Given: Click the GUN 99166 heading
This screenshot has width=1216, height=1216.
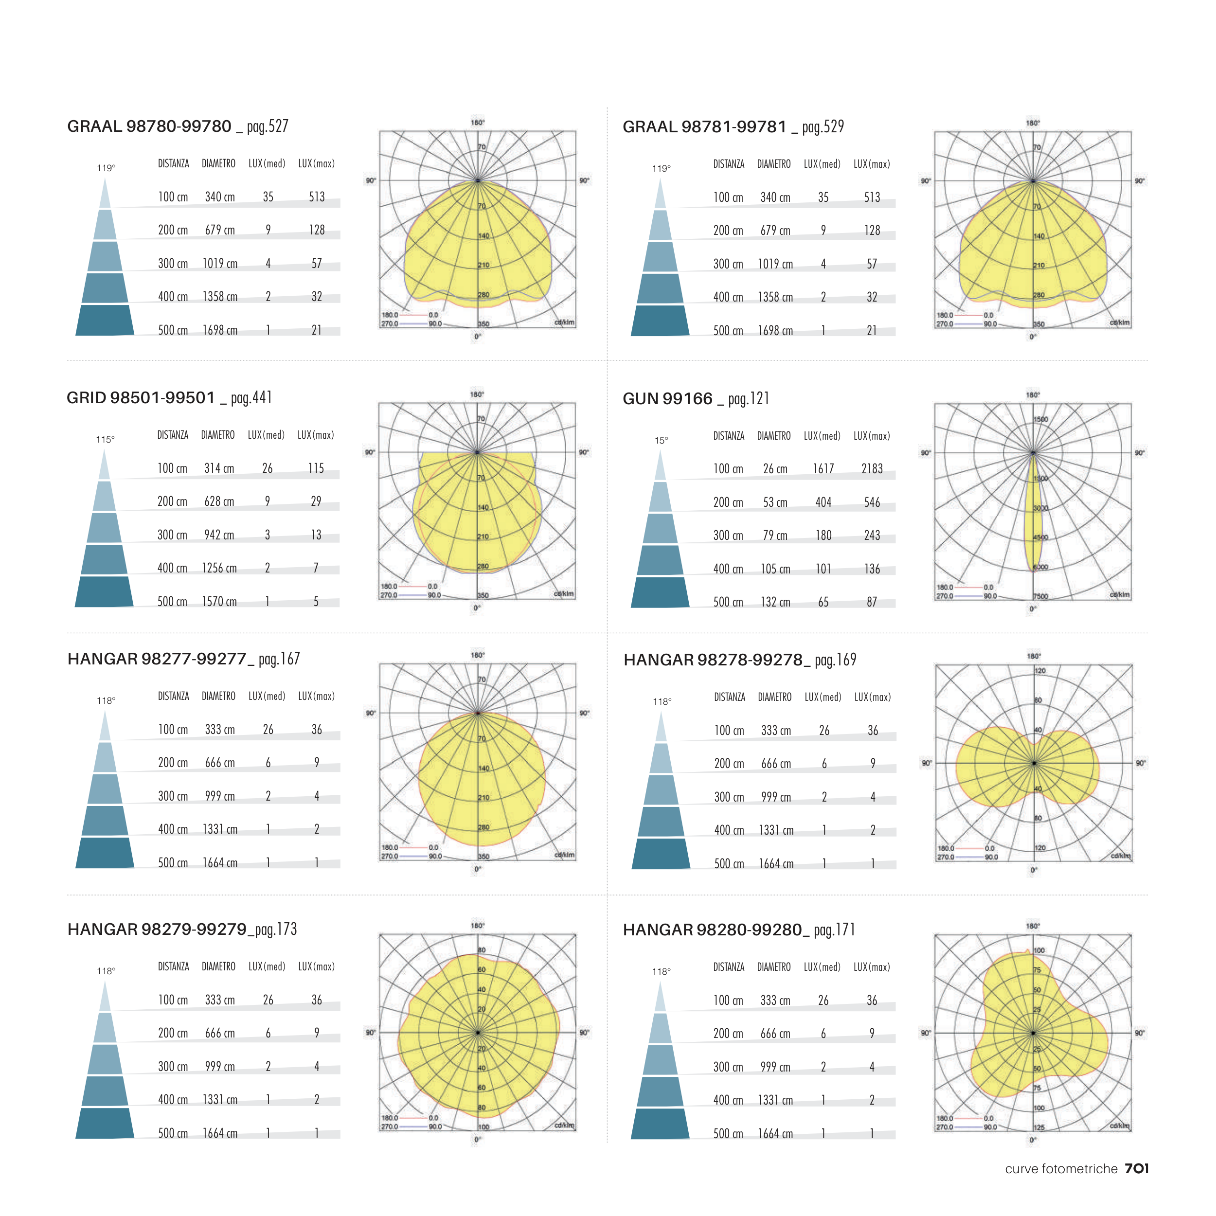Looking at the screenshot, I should click(667, 399).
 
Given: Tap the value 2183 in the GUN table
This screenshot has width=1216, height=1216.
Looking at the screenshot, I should click(872, 469).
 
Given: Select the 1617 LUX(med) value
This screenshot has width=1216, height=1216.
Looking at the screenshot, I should click(823, 469).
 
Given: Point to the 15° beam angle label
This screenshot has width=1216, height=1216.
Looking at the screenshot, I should click(661, 441).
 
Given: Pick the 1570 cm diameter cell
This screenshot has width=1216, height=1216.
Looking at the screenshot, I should click(219, 602).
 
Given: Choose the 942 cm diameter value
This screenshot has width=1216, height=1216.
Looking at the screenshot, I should click(219, 535).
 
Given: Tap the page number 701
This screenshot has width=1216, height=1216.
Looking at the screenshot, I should click(1137, 1169).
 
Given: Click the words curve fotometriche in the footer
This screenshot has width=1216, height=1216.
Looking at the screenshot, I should click(1061, 1169).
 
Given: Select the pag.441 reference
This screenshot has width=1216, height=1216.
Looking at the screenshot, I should click(251, 398).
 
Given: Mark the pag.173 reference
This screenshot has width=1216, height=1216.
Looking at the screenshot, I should click(276, 930).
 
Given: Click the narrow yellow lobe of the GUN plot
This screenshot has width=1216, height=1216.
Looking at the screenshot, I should click(1033, 516).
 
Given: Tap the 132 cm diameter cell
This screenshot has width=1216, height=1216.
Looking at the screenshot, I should click(775, 602).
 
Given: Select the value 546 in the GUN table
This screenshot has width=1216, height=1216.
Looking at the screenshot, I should click(872, 502).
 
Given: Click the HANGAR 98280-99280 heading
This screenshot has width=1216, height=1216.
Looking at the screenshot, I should click(713, 930).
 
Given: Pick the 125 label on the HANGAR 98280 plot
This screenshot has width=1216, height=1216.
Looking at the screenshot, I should click(1038, 1127).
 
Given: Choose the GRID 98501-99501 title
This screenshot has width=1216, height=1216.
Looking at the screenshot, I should click(141, 398).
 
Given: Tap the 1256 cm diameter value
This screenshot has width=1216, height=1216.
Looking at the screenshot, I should click(219, 568).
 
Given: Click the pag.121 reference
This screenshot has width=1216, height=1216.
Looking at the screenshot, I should click(749, 399).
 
